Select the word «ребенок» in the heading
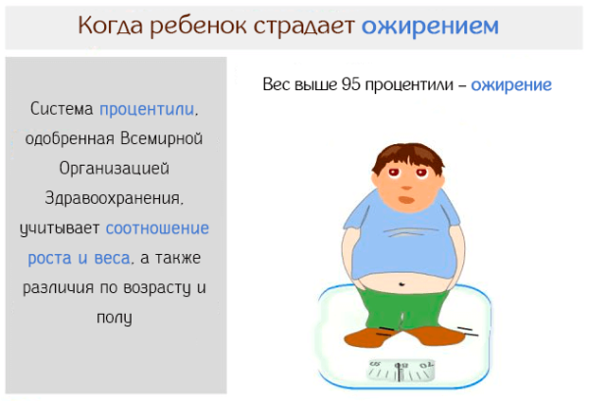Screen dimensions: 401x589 [205, 25]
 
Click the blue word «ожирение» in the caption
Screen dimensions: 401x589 [510, 84]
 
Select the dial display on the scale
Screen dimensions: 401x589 [401, 370]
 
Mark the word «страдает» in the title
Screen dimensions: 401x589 [305, 25]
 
